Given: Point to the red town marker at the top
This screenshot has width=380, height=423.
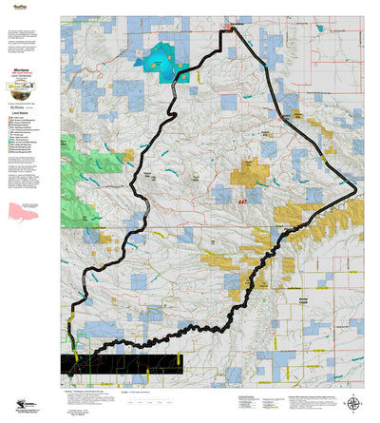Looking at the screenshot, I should pyautogui.click(x=228, y=30).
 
